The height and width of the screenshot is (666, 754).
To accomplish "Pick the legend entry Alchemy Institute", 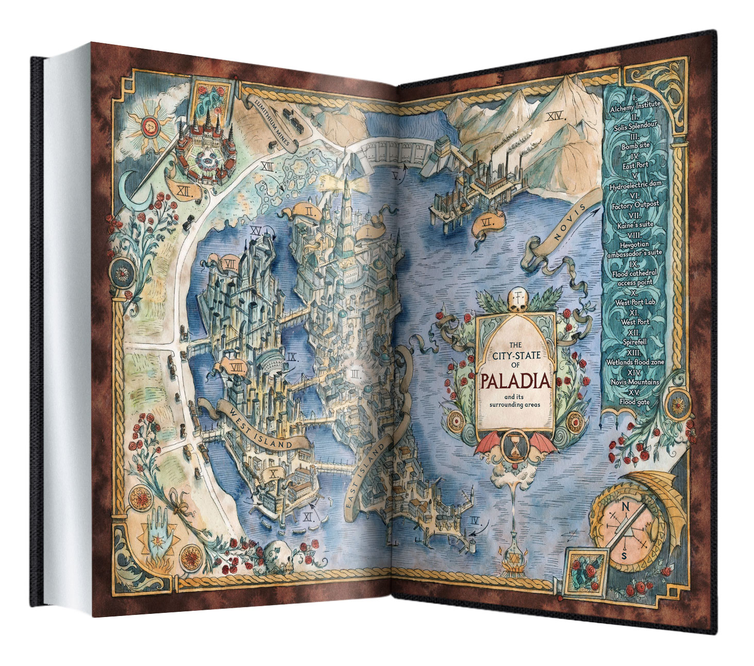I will (x=634, y=105).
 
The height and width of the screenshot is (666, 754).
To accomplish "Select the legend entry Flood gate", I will (x=635, y=402).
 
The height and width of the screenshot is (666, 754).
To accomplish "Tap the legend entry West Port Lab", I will (x=635, y=302).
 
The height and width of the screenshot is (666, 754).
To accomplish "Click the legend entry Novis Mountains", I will (x=635, y=382).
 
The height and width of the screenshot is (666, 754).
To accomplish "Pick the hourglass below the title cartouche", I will (x=515, y=447).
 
